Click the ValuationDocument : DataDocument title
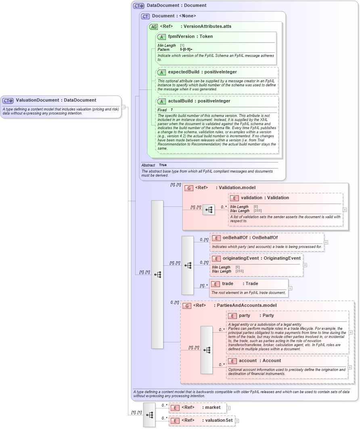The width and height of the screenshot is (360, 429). [x=56, y=100]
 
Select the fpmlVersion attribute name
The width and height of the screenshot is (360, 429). [x=181, y=37]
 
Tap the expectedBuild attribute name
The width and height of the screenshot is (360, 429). [x=182, y=72]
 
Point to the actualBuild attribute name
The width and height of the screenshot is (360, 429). [x=180, y=101]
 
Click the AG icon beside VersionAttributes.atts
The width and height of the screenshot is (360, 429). [x=153, y=27]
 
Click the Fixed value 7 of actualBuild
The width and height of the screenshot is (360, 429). [x=172, y=110]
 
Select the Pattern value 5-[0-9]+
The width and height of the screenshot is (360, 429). [x=186, y=49]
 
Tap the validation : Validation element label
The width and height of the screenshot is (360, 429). [x=265, y=198]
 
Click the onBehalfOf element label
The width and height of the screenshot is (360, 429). [x=250, y=238]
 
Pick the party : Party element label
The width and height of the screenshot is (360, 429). [x=256, y=316]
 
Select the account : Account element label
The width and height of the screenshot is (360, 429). [x=260, y=361]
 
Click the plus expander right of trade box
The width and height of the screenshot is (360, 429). [x=290, y=288]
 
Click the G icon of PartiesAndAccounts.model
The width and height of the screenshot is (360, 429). [x=186, y=306]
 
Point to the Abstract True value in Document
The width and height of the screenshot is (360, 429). [x=163, y=165]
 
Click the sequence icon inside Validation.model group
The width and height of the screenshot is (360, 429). [x=209, y=210]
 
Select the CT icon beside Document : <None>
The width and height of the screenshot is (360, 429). [x=145, y=16]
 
